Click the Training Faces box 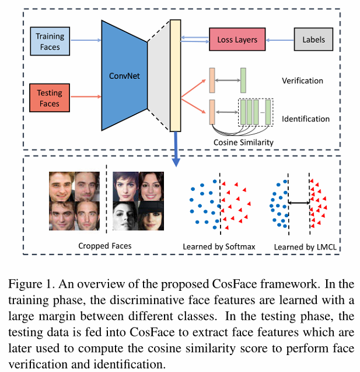coord(50,41)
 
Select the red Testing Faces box coord(50,98)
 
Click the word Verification coord(302,81)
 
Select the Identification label coord(305,119)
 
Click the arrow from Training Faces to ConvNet coord(85,41)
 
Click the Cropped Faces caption coord(105,245)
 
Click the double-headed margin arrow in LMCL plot coord(299,202)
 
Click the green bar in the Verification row coord(243,80)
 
